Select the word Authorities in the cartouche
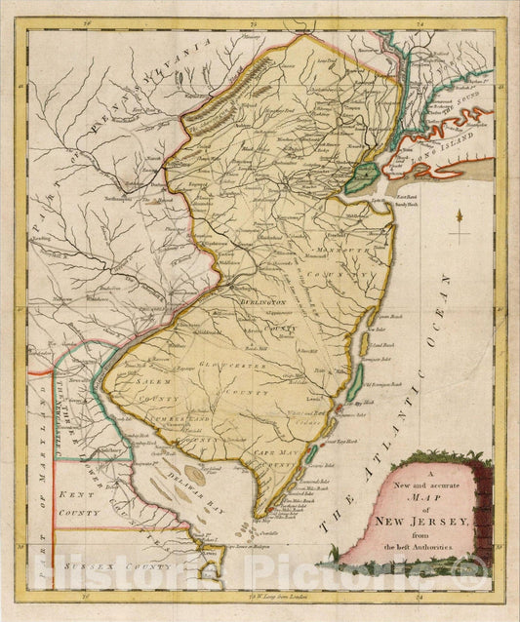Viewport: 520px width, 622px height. point(437,552)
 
